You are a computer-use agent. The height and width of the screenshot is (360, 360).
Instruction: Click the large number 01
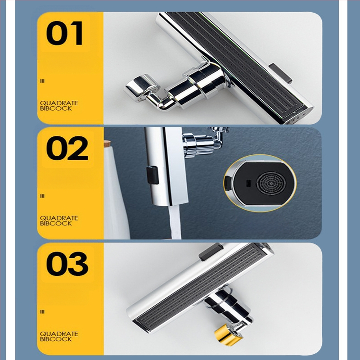(64, 33)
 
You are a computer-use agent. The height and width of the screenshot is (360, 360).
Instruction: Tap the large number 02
(67, 148)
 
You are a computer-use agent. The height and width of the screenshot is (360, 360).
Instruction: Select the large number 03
(67, 264)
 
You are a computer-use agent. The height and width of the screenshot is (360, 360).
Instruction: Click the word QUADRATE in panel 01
(59, 103)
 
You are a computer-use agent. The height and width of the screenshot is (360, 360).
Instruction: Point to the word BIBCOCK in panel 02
(56, 223)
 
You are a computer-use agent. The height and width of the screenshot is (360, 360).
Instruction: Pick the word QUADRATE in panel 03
(59, 333)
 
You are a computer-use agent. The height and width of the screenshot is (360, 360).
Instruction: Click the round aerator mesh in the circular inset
(271, 183)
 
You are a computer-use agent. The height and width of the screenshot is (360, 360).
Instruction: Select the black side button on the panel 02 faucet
(153, 175)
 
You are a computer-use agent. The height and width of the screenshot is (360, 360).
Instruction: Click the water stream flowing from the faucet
(175, 222)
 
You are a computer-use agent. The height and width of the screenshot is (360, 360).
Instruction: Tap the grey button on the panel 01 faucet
(280, 73)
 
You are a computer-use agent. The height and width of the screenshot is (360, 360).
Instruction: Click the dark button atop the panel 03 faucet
(211, 252)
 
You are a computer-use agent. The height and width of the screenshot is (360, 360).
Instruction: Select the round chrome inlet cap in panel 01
(141, 87)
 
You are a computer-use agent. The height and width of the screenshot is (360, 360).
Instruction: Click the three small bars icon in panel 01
(42, 81)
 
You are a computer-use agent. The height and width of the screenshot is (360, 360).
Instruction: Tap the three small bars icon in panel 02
(42, 196)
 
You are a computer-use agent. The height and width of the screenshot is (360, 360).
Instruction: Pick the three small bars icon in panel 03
(42, 312)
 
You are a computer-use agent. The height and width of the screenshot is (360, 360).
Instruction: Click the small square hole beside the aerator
(248, 183)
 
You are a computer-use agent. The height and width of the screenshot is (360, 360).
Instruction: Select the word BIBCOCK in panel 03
(56, 339)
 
